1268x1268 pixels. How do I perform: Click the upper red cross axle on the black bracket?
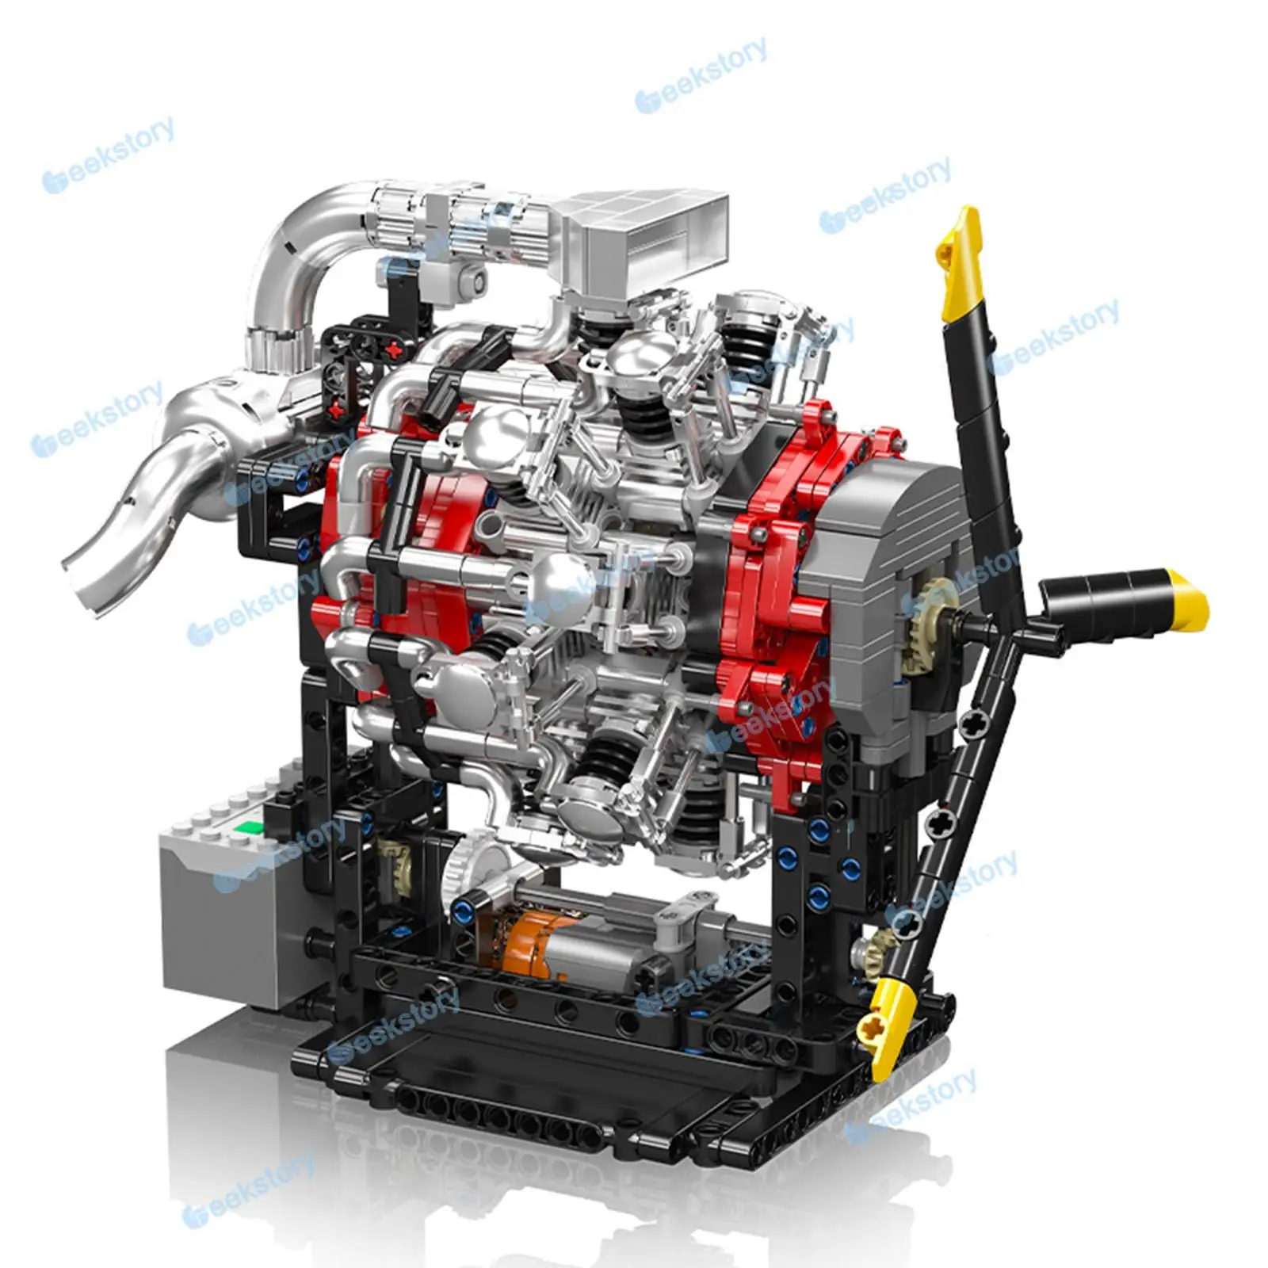pos(392,349)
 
